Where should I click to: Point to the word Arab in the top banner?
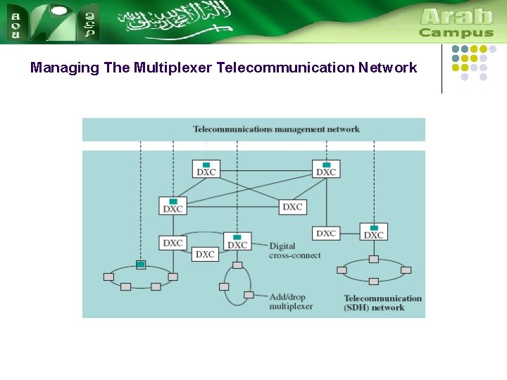point(456,16)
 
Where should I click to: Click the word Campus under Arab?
point(456,33)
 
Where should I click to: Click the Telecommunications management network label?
point(276,129)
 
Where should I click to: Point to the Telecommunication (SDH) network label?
point(382,303)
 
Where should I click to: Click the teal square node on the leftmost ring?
point(141,265)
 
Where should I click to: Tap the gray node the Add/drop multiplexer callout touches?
point(249,295)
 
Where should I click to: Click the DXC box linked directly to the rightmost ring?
point(373,233)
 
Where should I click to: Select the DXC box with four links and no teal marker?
point(292,207)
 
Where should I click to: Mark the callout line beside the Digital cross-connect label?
point(259,246)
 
